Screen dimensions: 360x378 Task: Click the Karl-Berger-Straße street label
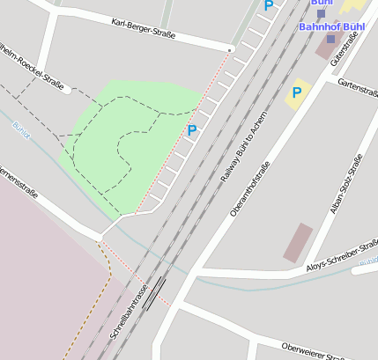coord(144,29)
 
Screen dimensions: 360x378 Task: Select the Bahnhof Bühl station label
coord(331,26)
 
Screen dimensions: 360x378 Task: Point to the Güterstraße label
coord(335,53)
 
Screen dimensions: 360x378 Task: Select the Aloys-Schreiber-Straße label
coord(340,256)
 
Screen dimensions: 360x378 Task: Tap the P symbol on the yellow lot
coord(297,92)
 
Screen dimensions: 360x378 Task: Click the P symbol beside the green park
coord(191,131)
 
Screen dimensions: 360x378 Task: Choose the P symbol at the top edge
coord(269,5)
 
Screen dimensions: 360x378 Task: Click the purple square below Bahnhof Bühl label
coord(330,39)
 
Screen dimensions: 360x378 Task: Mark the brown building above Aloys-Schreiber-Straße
coord(298,242)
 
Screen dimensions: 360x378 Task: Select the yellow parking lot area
coord(299,95)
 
